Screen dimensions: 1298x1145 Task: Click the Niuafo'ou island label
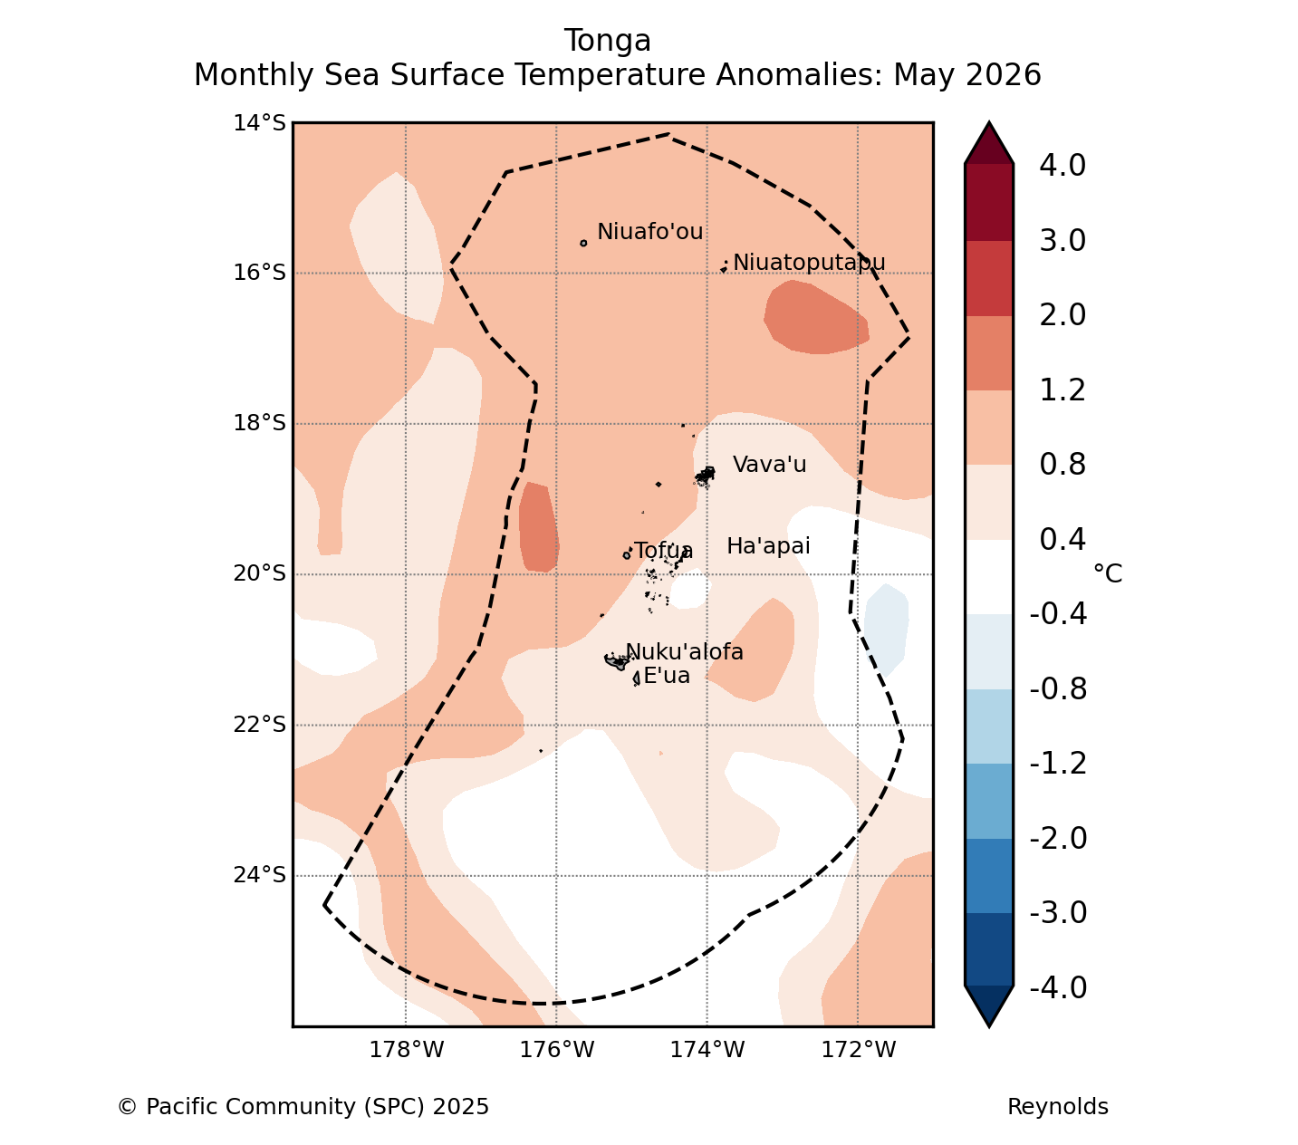[x=649, y=231]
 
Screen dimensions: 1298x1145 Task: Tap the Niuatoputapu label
[x=809, y=263]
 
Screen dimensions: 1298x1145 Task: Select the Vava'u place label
[x=769, y=465]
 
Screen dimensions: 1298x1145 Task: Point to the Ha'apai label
[x=768, y=546]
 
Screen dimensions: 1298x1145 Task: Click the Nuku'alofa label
[x=684, y=651]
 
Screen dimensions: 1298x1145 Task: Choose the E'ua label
[x=667, y=676]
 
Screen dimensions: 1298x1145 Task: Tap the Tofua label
[x=663, y=551]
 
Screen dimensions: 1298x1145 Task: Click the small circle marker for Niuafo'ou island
[x=583, y=244]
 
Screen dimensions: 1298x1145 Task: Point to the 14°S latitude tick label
[x=259, y=122]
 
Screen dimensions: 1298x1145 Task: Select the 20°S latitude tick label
[x=259, y=572]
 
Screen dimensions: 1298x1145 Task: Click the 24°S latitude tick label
[x=259, y=875]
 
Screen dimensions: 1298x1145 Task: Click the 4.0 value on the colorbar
[x=1062, y=165]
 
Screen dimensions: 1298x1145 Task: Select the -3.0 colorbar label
[x=1058, y=912]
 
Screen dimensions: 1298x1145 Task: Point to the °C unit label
[x=1107, y=573]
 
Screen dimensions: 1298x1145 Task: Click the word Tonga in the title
[x=608, y=41]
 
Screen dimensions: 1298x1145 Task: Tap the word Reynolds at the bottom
[x=1057, y=1107]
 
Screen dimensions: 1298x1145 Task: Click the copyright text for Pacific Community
[x=303, y=1107]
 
